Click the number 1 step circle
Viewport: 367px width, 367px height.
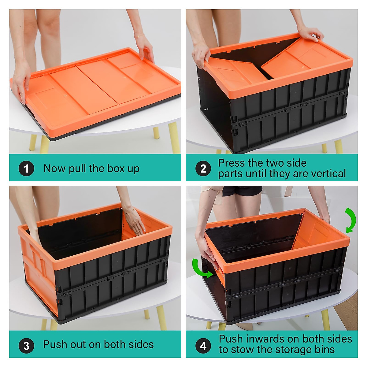[26, 169]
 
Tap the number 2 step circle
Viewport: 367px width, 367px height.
[203, 169]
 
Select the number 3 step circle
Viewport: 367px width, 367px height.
[26, 345]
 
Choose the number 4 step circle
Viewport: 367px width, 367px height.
[203, 346]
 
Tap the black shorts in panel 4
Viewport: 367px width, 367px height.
[242, 191]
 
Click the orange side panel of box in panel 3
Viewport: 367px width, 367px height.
[35, 269]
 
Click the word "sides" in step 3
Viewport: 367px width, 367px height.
[141, 344]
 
